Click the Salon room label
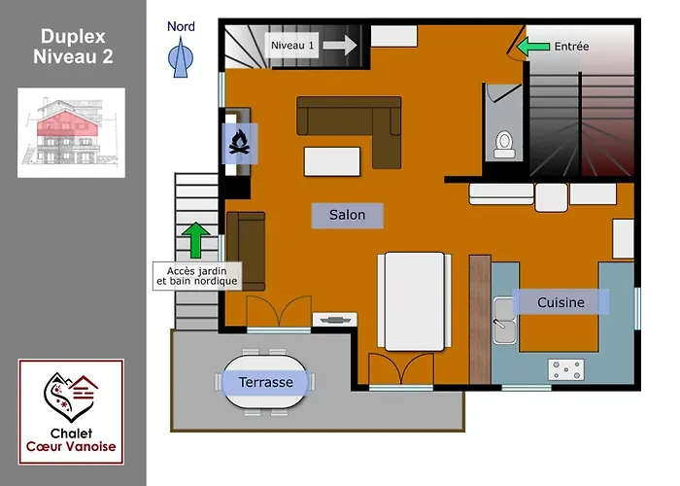pos(347,215)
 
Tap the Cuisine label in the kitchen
pos(561,302)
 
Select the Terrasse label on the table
pos(265,382)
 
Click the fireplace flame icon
pos(239,143)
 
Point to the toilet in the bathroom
pos(504,145)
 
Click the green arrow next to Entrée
pos(533,47)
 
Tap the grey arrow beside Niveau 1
pos(340,45)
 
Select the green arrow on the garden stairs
pos(195,240)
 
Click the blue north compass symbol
pos(181,57)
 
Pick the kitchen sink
pos(505,321)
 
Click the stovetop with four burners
pos(566,369)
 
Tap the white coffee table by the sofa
pos(332,161)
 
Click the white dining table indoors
pos(414,301)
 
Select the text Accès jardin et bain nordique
pos(197,276)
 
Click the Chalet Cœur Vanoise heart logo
pos(71,397)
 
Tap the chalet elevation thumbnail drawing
pos(71,133)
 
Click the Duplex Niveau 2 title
pos(73,47)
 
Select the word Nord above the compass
pos(181,26)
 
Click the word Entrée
pos(571,47)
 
